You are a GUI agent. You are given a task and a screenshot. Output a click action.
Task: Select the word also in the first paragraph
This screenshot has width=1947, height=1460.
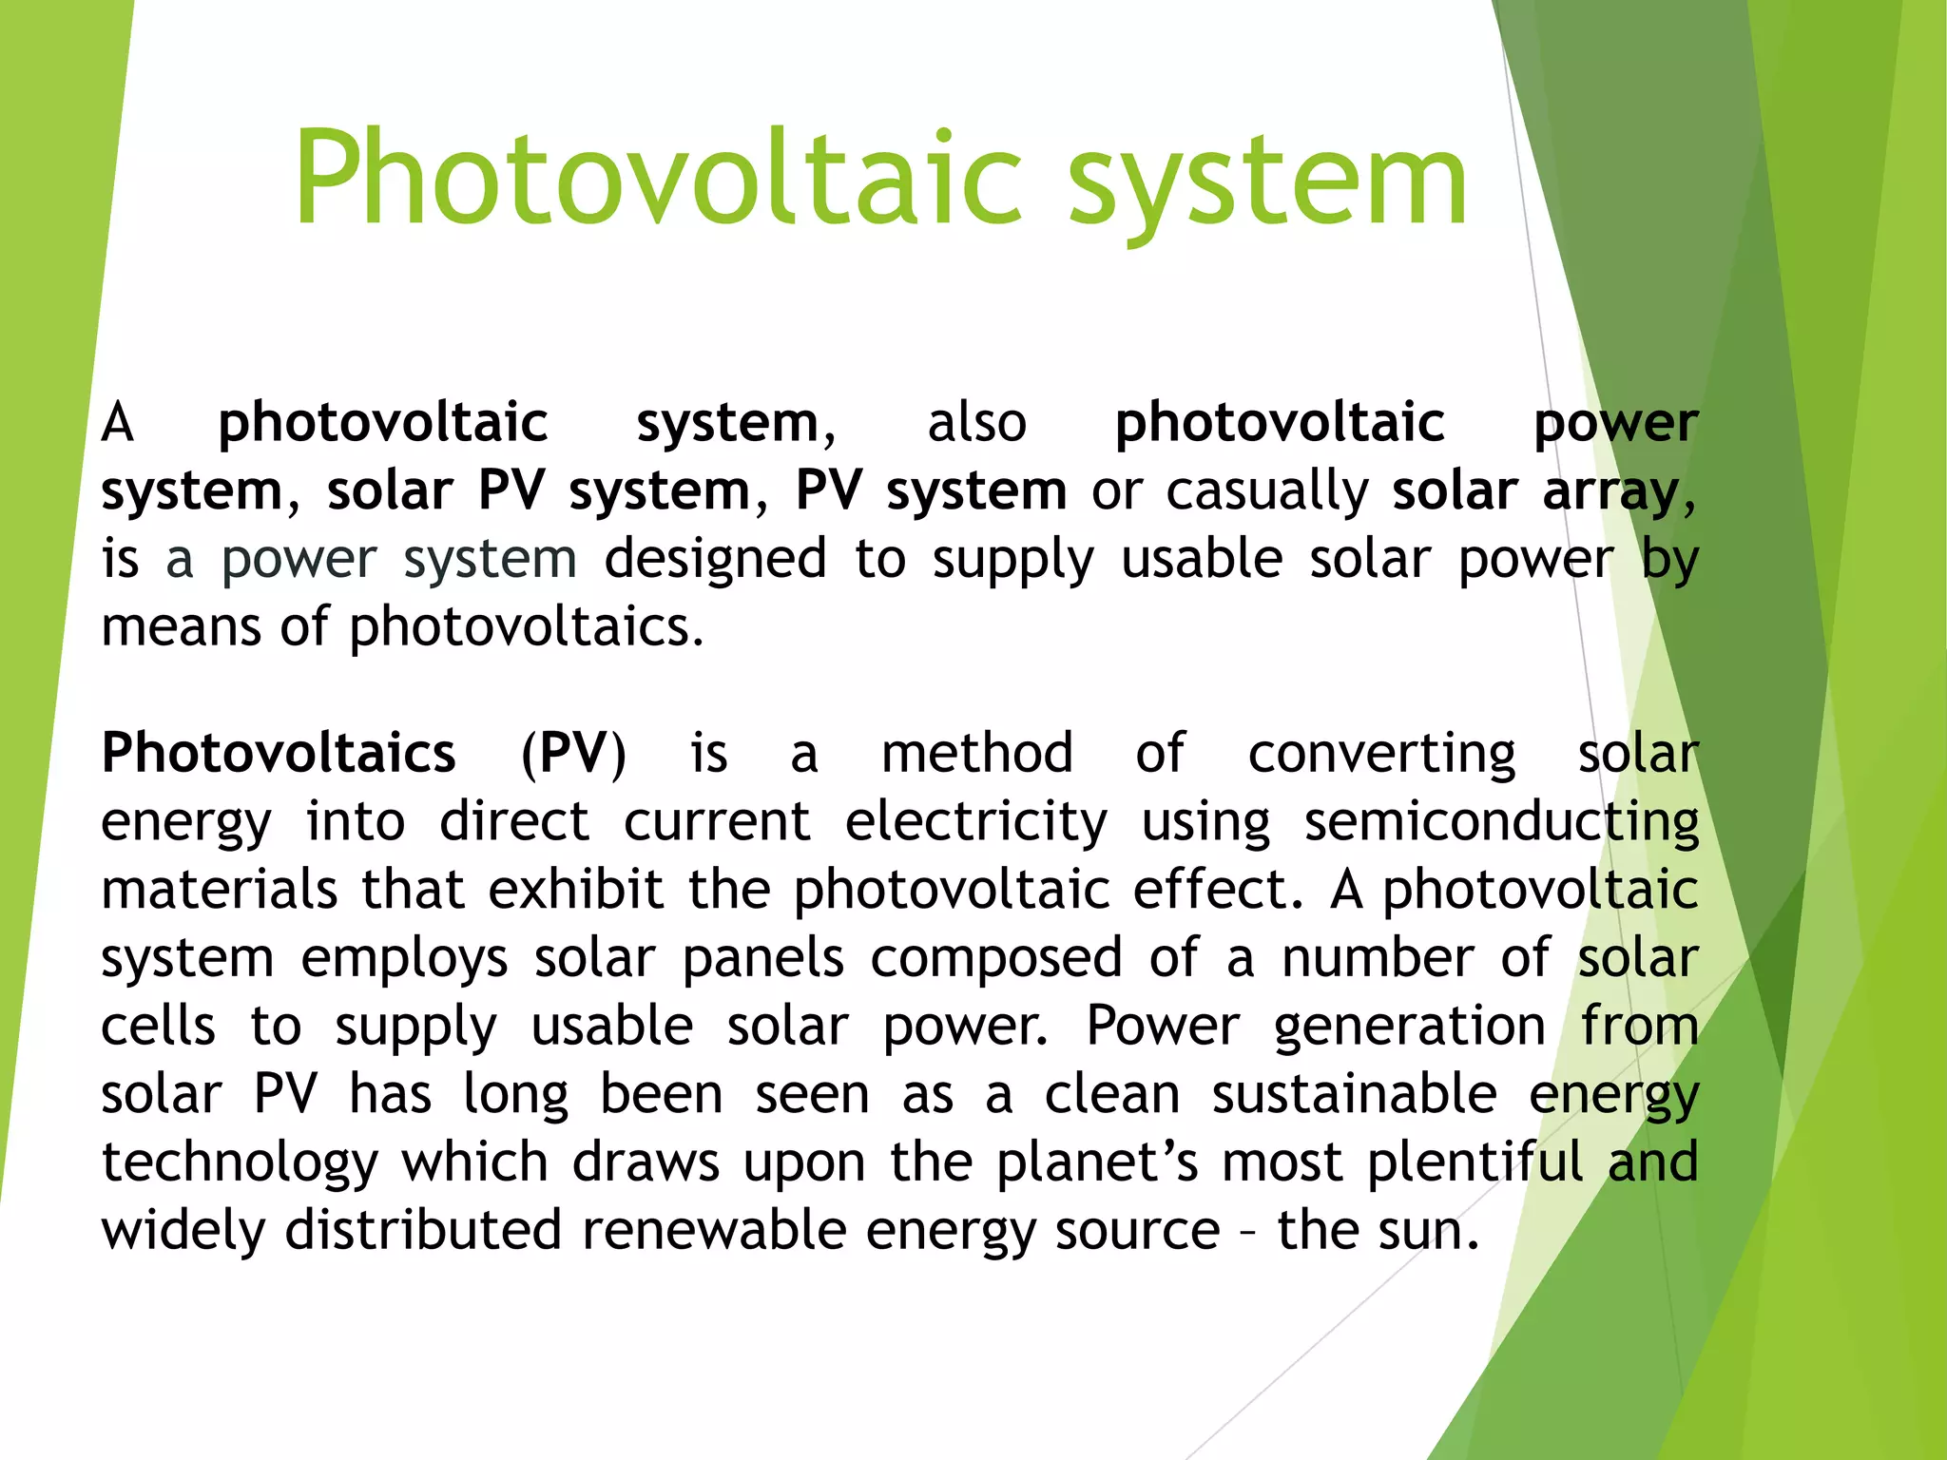[976, 423]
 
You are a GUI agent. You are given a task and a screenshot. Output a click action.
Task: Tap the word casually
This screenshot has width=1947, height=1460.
[1267, 492]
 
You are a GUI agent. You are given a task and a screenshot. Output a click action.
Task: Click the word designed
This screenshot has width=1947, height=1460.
[715, 560]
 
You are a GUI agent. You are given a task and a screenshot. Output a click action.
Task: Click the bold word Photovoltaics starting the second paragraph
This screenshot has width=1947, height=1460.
[279, 754]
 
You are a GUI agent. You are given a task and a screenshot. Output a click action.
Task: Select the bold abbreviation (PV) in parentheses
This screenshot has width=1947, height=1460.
[573, 755]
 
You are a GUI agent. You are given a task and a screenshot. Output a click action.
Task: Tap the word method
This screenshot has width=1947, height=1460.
[977, 754]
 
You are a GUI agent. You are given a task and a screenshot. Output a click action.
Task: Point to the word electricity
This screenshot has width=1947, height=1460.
[976, 822]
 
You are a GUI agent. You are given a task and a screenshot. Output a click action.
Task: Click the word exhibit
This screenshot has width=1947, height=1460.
[576, 891]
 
